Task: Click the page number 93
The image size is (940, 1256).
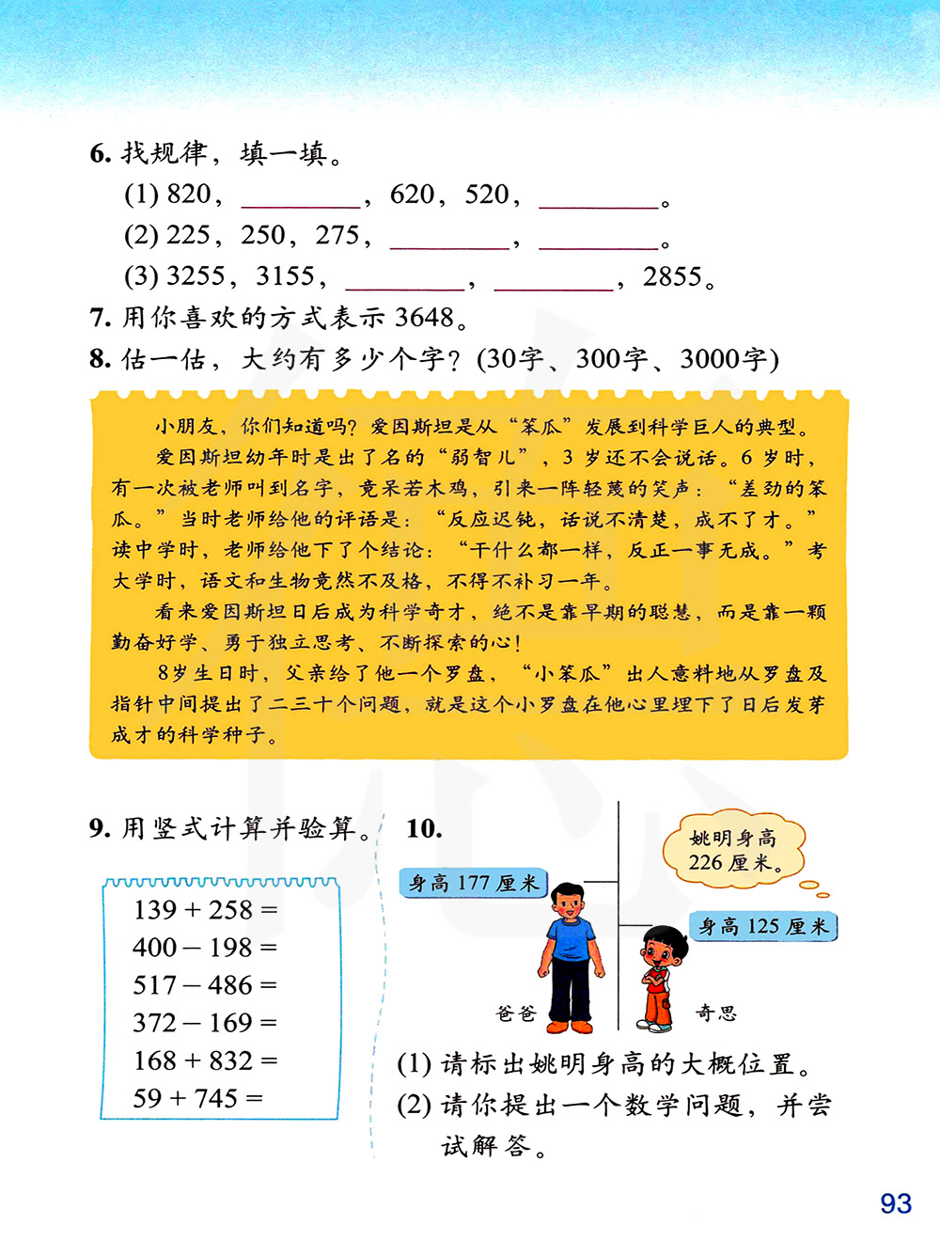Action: point(896,1203)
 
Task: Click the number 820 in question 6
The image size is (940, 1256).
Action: point(188,195)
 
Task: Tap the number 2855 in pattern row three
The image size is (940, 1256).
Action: point(672,277)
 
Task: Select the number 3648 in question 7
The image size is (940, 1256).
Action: point(424,318)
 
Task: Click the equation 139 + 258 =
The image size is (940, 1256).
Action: point(205,910)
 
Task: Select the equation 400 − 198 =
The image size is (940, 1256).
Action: point(205,948)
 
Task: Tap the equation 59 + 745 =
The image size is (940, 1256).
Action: point(197,1098)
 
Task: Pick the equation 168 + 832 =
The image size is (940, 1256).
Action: point(205,1060)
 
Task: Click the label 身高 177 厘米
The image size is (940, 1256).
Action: point(473,883)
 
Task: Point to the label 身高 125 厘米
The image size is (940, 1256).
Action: point(762,927)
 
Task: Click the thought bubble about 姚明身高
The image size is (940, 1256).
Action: point(733,850)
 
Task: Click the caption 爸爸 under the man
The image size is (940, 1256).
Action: point(515,1013)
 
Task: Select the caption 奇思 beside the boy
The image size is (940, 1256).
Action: point(715,1013)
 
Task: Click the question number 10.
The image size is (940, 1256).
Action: point(424,828)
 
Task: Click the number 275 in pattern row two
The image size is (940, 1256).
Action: point(337,236)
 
